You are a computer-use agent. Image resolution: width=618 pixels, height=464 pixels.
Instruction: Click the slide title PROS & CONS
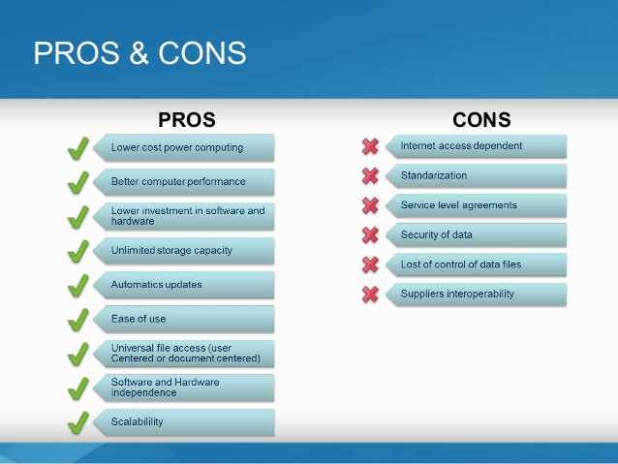coord(139,52)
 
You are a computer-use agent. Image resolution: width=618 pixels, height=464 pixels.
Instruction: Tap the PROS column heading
coord(186,120)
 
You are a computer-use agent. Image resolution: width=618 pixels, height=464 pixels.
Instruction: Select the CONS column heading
coord(481,120)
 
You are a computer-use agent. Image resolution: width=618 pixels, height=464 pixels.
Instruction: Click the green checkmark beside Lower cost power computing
coord(77,148)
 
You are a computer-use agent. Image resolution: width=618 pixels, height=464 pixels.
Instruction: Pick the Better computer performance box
coord(184,181)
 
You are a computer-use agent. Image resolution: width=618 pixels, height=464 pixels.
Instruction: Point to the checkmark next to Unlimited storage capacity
coord(77,251)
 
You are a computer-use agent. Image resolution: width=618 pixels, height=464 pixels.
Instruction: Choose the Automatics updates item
coord(184,285)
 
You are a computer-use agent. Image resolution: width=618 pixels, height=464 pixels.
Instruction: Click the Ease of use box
coord(184,319)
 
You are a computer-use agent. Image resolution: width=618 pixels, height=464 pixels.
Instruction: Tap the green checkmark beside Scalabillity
coord(77,422)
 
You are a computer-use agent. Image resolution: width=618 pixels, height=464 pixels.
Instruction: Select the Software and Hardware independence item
coord(184,387)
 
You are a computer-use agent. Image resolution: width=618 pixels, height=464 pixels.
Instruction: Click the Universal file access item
coord(184,354)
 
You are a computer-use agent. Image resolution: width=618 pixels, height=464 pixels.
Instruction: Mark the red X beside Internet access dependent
coord(370,146)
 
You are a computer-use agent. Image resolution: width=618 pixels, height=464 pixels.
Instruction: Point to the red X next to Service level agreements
coord(370,205)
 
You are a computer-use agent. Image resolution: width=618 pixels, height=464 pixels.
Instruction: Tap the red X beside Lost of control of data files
coord(370,264)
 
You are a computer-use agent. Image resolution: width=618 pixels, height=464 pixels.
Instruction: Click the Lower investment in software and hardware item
coord(184,216)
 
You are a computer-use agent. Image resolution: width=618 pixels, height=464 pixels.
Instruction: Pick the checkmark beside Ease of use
coord(77,320)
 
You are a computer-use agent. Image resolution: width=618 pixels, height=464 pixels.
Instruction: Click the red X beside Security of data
coord(370,234)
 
